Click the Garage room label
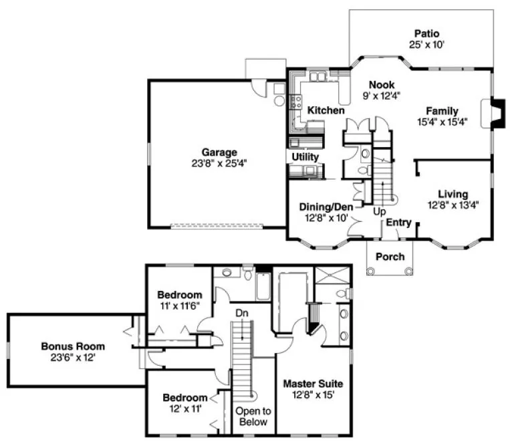pyautogui.click(x=220, y=152)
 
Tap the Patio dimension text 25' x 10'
pyautogui.click(x=426, y=45)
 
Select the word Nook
pyautogui.click(x=382, y=85)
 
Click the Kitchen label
pyautogui.click(x=326, y=110)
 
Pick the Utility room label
pyautogui.click(x=305, y=156)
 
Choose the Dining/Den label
pyautogui.click(x=327, y=207)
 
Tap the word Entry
pyautogui.click(x=398, y=222)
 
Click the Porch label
pyautogui.click(x=390, y=257)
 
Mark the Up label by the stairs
pyautogui.click(x=380, y=212)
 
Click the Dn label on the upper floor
pyautogui.click(x=241, y=312)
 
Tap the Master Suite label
pyautogui.click(x=313, y=384)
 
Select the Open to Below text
pyautogui.click(x=253, y=417)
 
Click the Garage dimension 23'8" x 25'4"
pyautogui.click(x=220, y=162)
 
